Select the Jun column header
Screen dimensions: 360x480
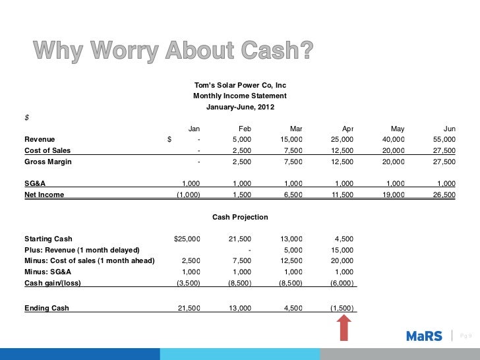(x=449, y=129)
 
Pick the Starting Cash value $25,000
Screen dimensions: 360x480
(x=187, y=239)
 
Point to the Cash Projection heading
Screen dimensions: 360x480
(x=240, y=217)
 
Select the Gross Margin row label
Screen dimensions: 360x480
(x=48, y=162)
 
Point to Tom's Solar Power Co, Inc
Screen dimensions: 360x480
(x=240, y=86)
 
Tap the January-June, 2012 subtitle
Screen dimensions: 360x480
(x=240, y=107)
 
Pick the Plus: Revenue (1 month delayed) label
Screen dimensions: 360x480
(x=82, y=250)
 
